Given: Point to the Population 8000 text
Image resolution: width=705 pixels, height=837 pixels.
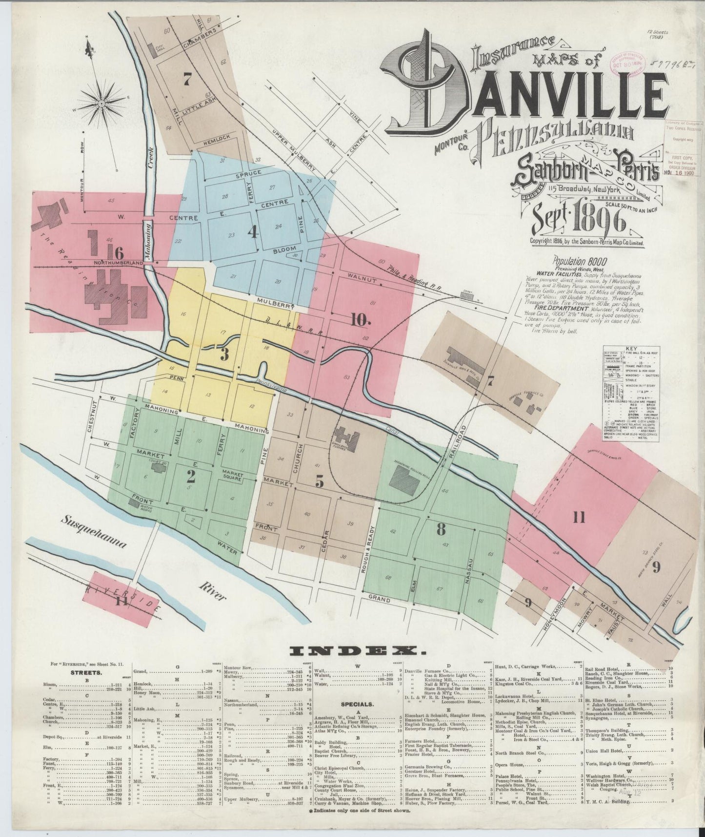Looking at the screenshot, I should (x=576, y=261).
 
